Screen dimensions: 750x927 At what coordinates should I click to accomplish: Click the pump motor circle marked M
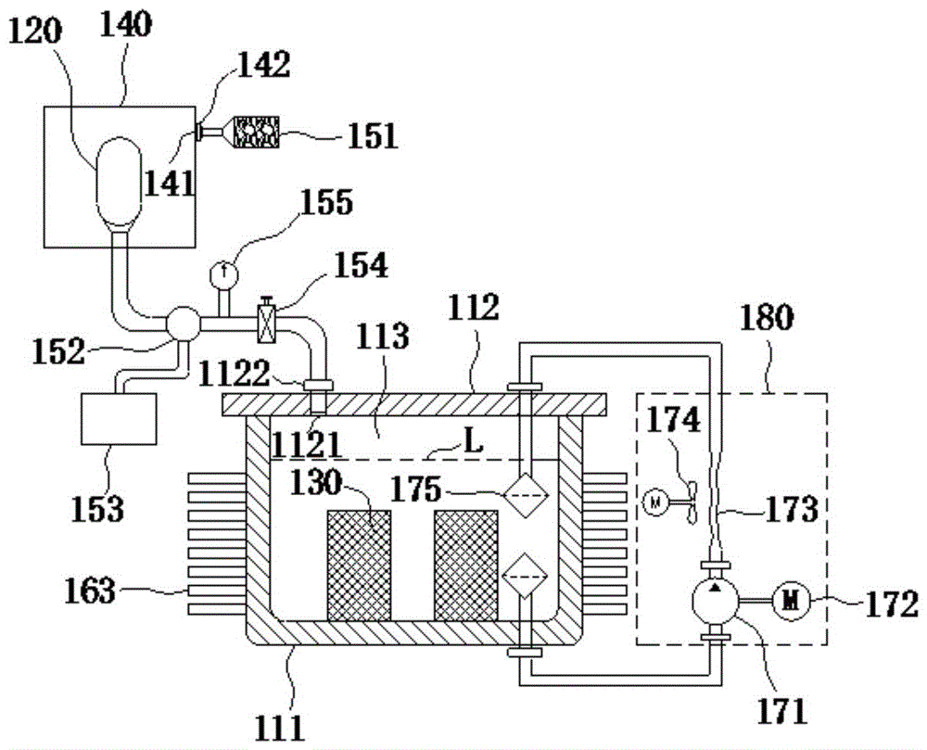coord(791,602)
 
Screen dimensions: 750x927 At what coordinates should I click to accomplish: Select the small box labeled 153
coord(119,419)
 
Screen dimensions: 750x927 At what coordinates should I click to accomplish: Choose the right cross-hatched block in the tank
coord(465,566)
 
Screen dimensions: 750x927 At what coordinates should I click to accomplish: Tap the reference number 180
coord(766,319)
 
